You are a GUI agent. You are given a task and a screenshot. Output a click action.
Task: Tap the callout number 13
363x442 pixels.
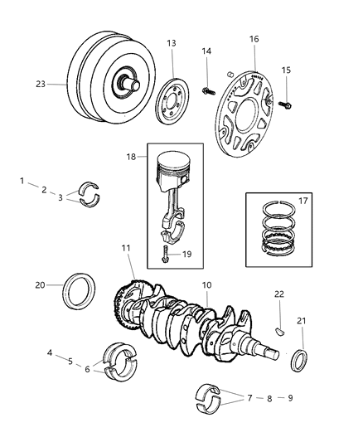click(171, 43)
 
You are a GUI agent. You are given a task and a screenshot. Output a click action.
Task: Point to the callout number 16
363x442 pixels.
click(254, 39)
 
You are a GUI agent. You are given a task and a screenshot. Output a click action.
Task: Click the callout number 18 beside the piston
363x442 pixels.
click(132, 156)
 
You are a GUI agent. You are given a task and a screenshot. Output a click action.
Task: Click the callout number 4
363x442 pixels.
click(51, 352)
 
